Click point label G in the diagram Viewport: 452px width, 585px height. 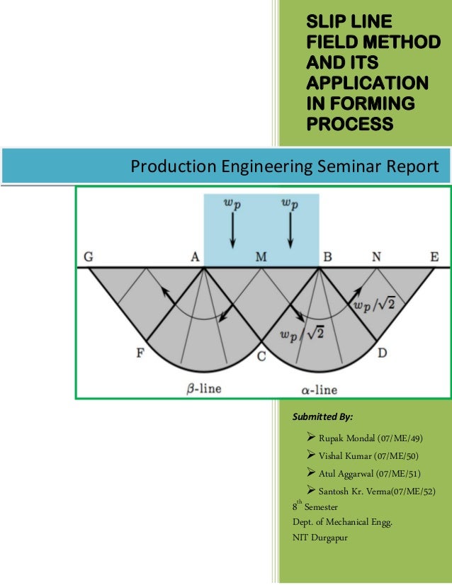pos(89,257)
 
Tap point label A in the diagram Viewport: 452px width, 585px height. pos(194,257)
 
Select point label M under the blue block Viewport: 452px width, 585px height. pos(261,257)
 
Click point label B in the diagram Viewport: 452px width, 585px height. pos(327,257)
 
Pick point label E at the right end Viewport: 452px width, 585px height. pos(434,257)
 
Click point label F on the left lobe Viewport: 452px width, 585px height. pos(140,353)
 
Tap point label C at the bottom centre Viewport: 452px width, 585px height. pos(261,358)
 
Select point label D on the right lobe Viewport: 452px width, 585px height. pos(381,353)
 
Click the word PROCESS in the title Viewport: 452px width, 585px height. pos(349,125)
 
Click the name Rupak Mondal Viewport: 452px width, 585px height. pos(347,438)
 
